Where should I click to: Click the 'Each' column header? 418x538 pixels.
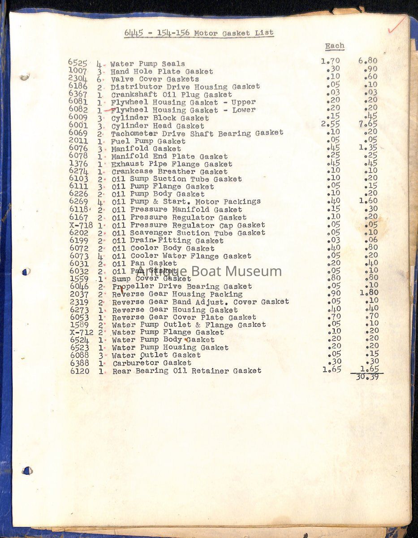(335, 46)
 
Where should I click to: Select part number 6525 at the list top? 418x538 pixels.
(78, 63)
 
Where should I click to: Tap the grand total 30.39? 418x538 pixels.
(367, 377)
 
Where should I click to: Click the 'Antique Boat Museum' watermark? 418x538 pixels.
(209, 271)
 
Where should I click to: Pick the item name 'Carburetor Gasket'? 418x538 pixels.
(152, 363)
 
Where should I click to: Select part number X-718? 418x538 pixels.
(82, 225)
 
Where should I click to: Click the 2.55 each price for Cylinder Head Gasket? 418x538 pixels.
(331, 125)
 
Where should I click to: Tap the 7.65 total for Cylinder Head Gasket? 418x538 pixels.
(368, 125)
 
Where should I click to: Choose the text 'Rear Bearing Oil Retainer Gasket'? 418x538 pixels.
(187, 371)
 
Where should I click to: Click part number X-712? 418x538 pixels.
(82, 332)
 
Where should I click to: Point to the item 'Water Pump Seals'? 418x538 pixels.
(147, 64)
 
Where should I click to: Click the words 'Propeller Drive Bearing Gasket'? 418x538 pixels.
(182, 286)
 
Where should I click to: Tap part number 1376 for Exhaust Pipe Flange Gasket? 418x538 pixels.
(79, 164)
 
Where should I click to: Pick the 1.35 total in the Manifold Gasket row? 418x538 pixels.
(368, 148)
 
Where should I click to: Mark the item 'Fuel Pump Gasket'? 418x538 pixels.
(148, 141)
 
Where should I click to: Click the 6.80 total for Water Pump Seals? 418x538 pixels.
(368, 61)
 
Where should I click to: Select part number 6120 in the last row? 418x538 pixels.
(80, 371)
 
